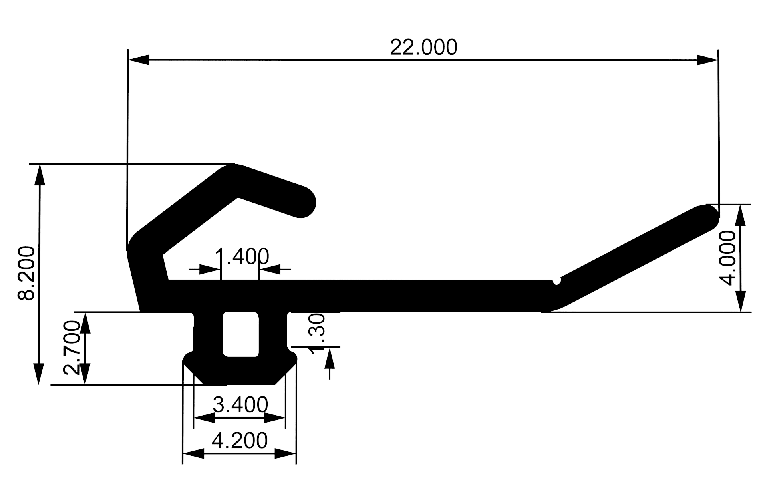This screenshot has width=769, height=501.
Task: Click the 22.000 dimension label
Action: click(423, 48)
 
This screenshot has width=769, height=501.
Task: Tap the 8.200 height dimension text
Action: click(27, 273)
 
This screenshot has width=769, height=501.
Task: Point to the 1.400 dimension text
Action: click(242, 256)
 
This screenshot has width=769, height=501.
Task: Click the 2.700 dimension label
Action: click(72, 347)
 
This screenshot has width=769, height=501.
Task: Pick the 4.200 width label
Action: click(240, 441)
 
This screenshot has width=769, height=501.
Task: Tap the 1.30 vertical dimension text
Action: click(317, 333)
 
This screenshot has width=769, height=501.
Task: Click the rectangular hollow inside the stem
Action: click(240, 334)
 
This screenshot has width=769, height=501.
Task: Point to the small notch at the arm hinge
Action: click(556, 281)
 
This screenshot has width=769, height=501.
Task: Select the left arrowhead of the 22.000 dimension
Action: click(139, 60)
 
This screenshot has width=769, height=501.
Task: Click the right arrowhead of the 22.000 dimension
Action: click(707, 60)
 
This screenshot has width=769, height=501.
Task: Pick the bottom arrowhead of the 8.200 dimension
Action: click(39, 374)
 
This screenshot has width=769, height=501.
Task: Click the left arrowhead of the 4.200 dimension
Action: click(193, 454)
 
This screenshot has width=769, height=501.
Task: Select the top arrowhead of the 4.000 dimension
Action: click(741, 215)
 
